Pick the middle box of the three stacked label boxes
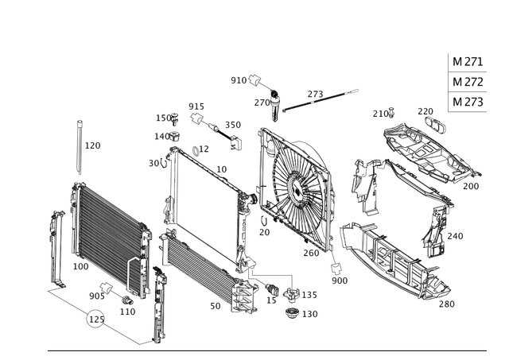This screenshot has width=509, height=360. click(x=465, y=81)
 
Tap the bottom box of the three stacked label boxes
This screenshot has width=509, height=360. click(x=465, y=102)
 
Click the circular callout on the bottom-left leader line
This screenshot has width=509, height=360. click(x=95, y=319)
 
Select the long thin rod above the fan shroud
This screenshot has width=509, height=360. click(x=314, y=99)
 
